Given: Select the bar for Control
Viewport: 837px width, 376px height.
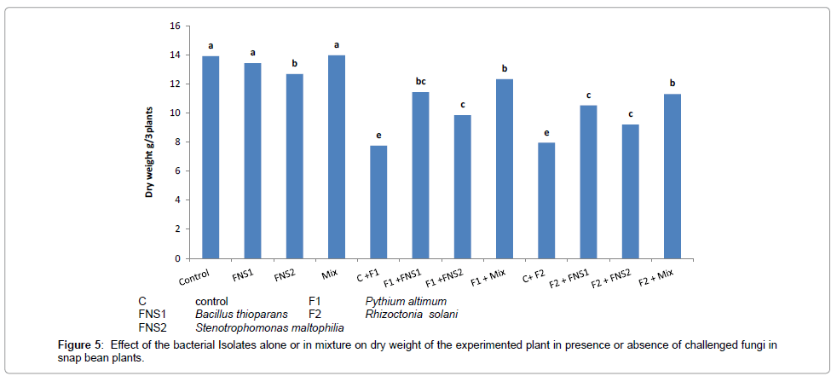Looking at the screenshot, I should click(211, 158).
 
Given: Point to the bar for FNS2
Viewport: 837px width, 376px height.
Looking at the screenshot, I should click(295, 166).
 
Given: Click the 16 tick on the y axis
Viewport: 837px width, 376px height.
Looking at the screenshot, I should click(174, 26).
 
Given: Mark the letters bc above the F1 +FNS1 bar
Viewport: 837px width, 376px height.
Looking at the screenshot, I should click(420, 81).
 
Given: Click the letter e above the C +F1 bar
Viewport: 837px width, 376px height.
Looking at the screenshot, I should click(378, 135).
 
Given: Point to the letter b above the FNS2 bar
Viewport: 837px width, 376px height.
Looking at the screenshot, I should click(295, 63).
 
